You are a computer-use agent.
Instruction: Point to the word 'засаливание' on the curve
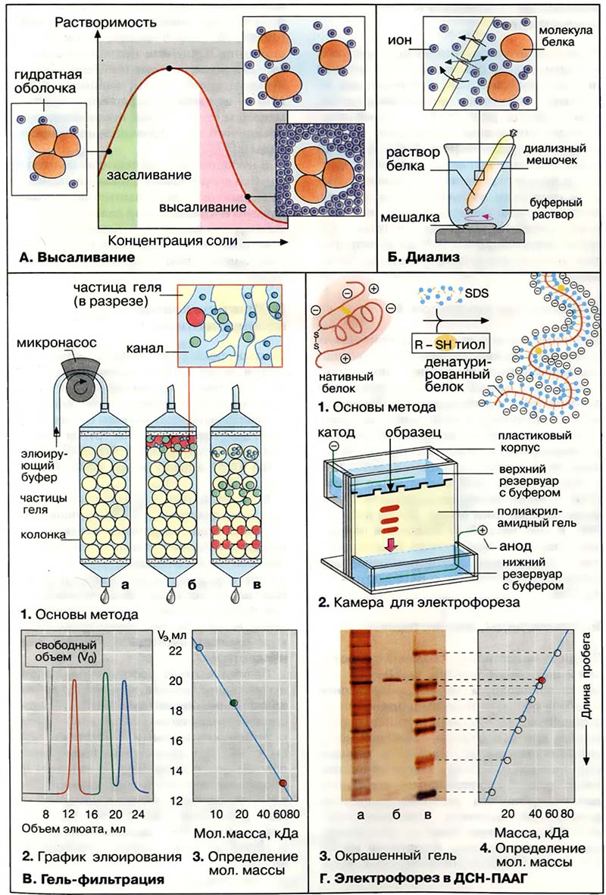click(x=148, y=176)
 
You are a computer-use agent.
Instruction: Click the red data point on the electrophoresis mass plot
click(x=540, y=681)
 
